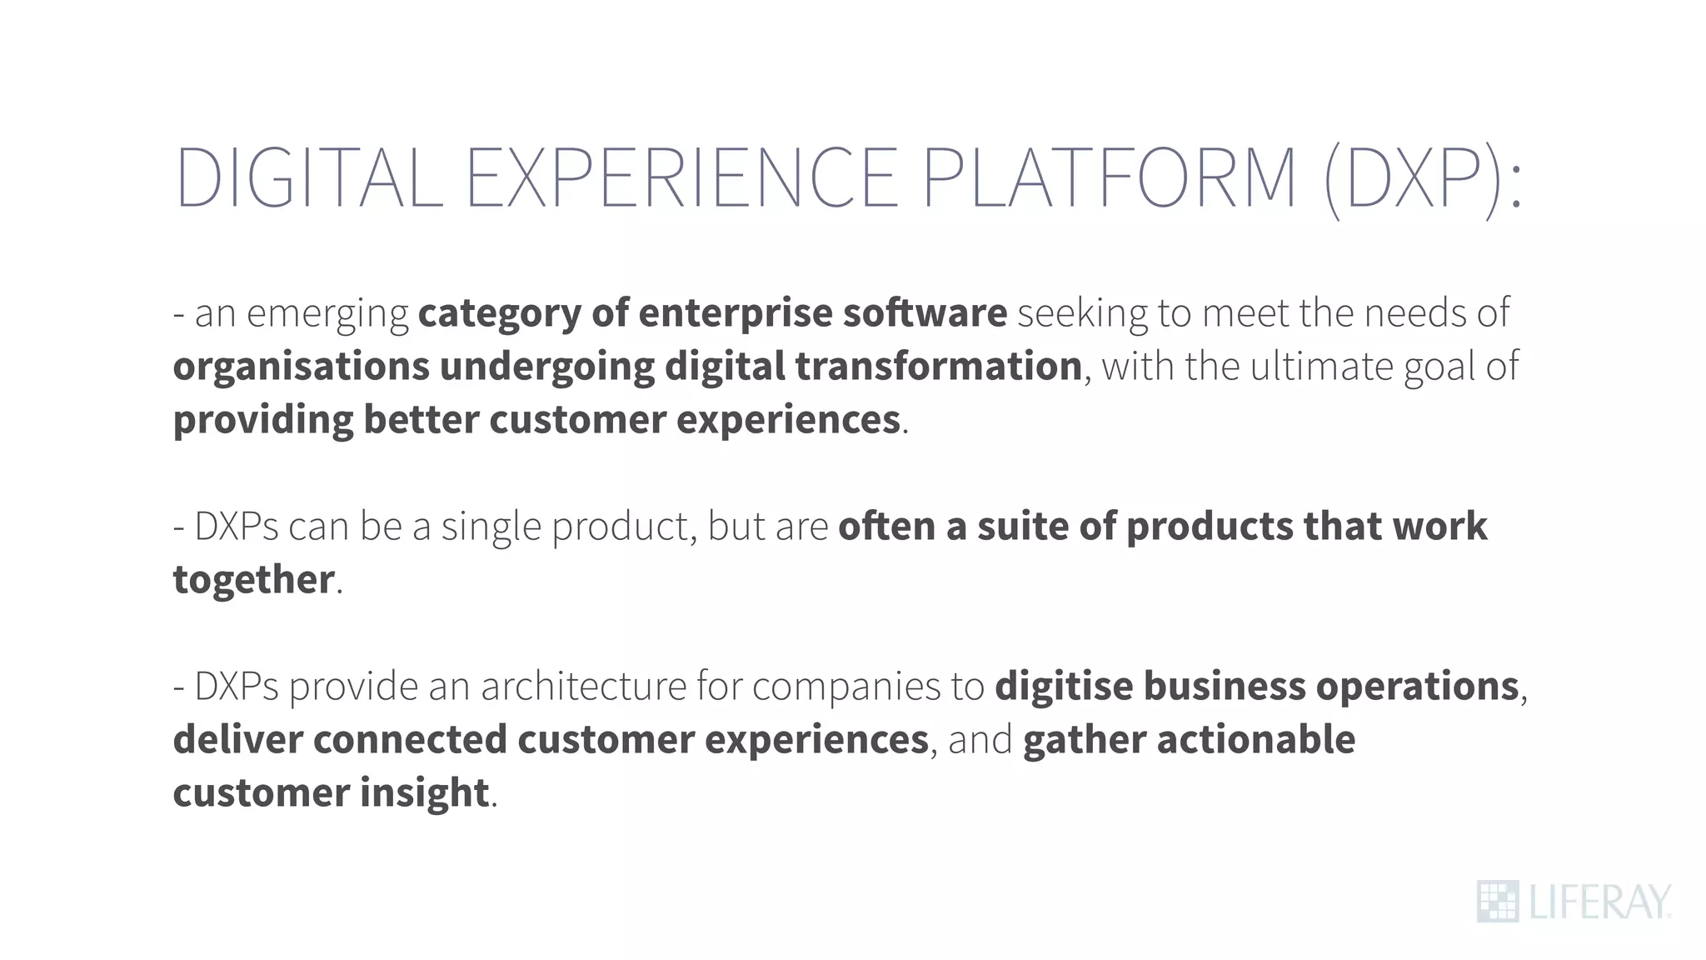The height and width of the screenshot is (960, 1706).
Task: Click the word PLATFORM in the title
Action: click(1109, 177)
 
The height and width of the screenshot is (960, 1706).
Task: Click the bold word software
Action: click(925, 313)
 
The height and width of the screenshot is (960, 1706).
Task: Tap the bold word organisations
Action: click(302, 367)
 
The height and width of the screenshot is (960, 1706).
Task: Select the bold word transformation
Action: click(938, 367)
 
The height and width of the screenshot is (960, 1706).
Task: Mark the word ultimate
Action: click(1321, 367)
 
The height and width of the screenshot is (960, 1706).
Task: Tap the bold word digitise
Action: click(1064, 687)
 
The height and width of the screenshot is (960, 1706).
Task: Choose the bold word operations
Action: click(1417, 687)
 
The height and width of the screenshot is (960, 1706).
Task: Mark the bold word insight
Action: click(424, 793)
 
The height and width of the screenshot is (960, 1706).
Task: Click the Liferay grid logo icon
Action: click(1497, 902)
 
